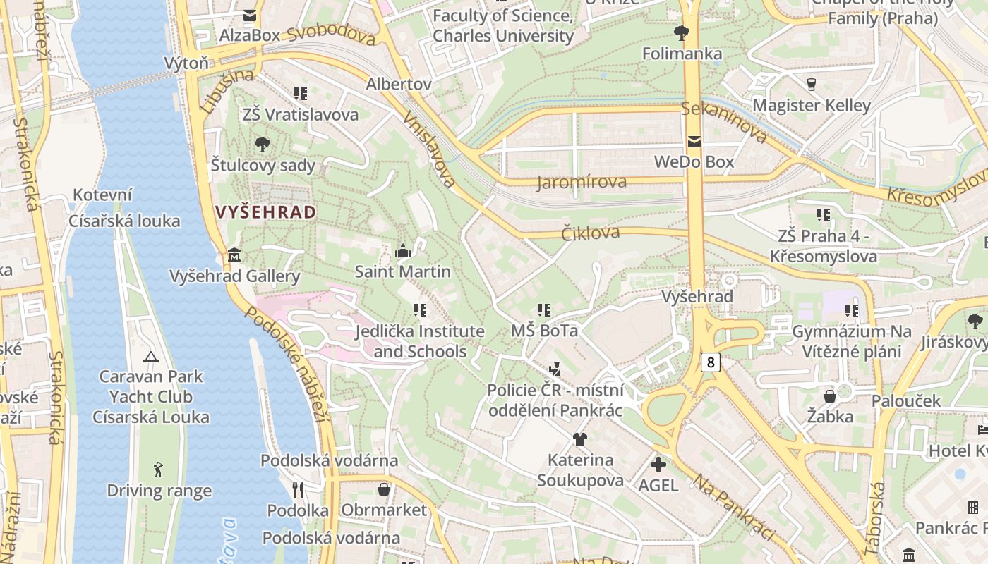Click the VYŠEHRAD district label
pyautogui.click(x=265, y=212)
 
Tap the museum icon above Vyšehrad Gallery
pyautogui.click(x=235, y=255)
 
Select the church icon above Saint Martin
pyautogui.click(x=403, y=251)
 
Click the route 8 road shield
pyautogui.click(x=710, y=362)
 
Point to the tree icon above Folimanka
pyautogui.click(x=682, y=32)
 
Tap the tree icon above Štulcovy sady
pyautogui.click(x=263, y=145)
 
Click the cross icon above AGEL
pyautogui.click(x=658, y=465)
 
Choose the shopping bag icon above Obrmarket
pyautogui.click(x=384, y=489)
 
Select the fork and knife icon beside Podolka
pyautogui.click(x=298, y=489)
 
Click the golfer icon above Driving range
pyautogui.click(x=159, y=470)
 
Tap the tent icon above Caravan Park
pyautogui.click(x=150, y=357)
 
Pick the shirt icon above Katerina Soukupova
pyautogui.click(x=580, y=439)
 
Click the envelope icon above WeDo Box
pyautogui.click(x=694, y=142)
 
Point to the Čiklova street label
pyautogui.click(x=590, y=233)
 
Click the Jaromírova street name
pyautogui.click(x=582, y=183)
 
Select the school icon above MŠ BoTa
pyautogui.click(x=543, y=310)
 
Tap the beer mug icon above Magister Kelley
pyautogui.click(x=812, y=85)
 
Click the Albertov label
pyautogui.click(x=398, y=84)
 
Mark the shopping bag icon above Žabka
pyautogui.click(x=830, y=396)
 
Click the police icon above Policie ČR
pyautogui.click(x=555, y=369)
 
